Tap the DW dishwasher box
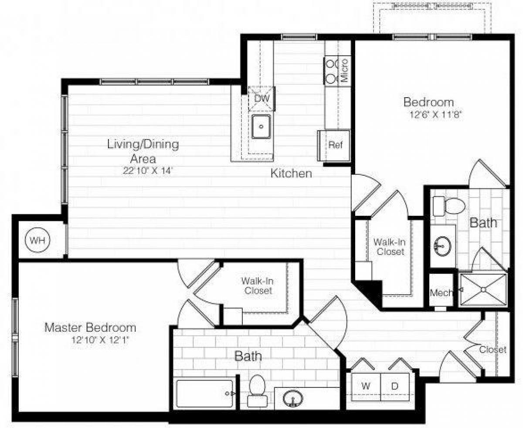coord(262,99)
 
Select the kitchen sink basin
coord(261,127)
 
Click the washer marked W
coord(367,386)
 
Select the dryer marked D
coord(395,386)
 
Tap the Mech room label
coord(441,292)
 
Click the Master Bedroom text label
coord(90,327)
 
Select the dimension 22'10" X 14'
coord(148,171)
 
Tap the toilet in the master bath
coord(257,390)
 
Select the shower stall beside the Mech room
coord(483,289)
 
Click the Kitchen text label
coord(291,173)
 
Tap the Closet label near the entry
coord(492,350)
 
